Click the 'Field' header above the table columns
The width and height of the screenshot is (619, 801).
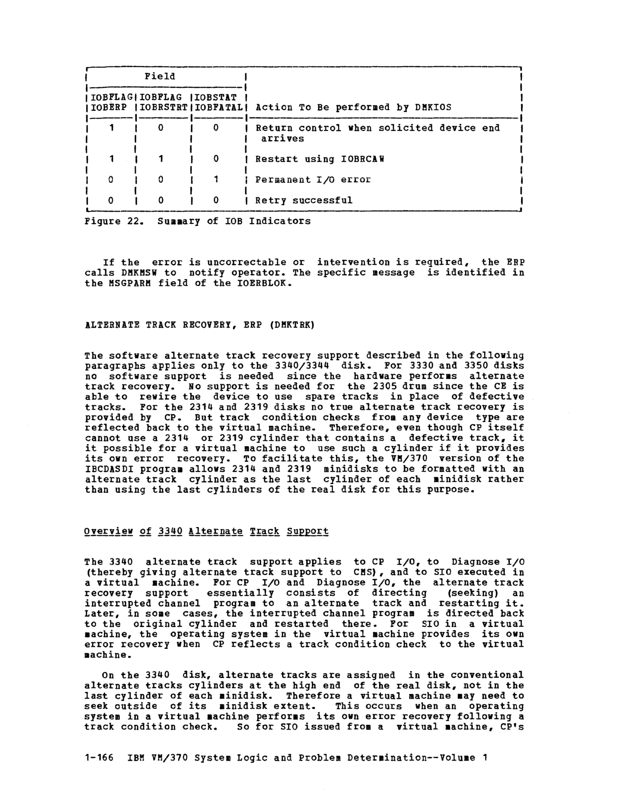pyautogui.click(x=160, y=76)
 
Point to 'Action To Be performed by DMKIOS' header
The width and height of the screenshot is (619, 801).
pyautogui.click(x=353, y=108)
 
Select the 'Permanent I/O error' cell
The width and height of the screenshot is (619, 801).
pyautogui.click(x=313, y=180)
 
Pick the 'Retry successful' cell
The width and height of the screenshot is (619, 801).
pyautogui.click(x=304, y=200)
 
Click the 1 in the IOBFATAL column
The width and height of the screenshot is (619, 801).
pyautogui.click(x=216, y=180)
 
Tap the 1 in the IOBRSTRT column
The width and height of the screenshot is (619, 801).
pyautogui.click(x=161, y=159)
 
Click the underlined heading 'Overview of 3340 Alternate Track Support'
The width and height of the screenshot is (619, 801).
pyautogui.click(x=206, y=531)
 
